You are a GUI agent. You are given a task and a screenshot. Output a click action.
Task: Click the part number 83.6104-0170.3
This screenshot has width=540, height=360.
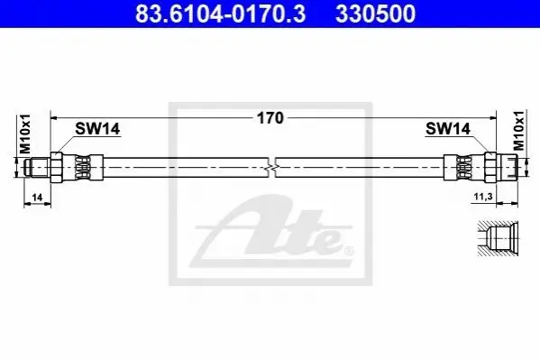point(220,14)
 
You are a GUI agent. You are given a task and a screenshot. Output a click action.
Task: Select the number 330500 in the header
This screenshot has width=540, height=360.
point(375,14)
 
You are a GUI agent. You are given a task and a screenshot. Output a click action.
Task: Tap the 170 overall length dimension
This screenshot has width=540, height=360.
point(270,118)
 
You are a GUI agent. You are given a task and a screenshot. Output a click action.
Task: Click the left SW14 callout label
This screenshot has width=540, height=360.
point(97,129)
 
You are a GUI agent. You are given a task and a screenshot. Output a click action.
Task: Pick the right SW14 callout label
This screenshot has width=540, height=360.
point(448,129)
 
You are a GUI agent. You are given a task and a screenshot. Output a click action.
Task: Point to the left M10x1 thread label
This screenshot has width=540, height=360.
point(25,134)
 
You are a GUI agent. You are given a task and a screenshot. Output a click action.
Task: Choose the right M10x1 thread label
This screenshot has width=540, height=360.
point(519,130)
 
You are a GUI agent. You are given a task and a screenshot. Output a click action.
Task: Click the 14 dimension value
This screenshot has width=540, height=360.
point(37,198)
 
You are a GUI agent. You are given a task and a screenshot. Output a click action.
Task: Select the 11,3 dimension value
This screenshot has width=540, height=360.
point(483,197)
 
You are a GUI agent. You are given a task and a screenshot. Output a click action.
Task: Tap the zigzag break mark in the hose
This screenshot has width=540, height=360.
point(271,168)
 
